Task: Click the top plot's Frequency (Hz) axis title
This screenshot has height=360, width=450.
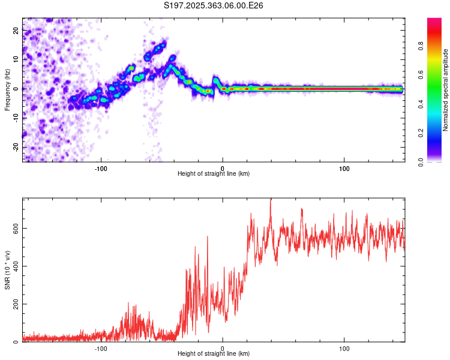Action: click(x=7, y=90)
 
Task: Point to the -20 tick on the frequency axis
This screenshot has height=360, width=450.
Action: click(x=17, y=147)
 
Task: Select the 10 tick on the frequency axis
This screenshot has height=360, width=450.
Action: click(x=17, y=59)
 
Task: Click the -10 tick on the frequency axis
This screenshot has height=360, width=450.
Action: click(x=17, y=118)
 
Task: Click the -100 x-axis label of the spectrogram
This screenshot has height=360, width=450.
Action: click(x=101, y=167)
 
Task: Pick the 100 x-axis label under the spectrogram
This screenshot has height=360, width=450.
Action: click(x=344, y=167)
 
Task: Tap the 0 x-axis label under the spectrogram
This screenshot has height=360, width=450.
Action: click(x=223, y=167)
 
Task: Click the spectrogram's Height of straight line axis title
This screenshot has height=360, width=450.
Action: click(x=214, y=174)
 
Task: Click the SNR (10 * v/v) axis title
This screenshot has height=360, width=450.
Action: click(x=7, y=270)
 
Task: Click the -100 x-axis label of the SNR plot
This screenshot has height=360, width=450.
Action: click(x=101, y=348)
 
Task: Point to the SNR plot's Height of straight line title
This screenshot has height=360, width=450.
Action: click(x=214, y=354)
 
